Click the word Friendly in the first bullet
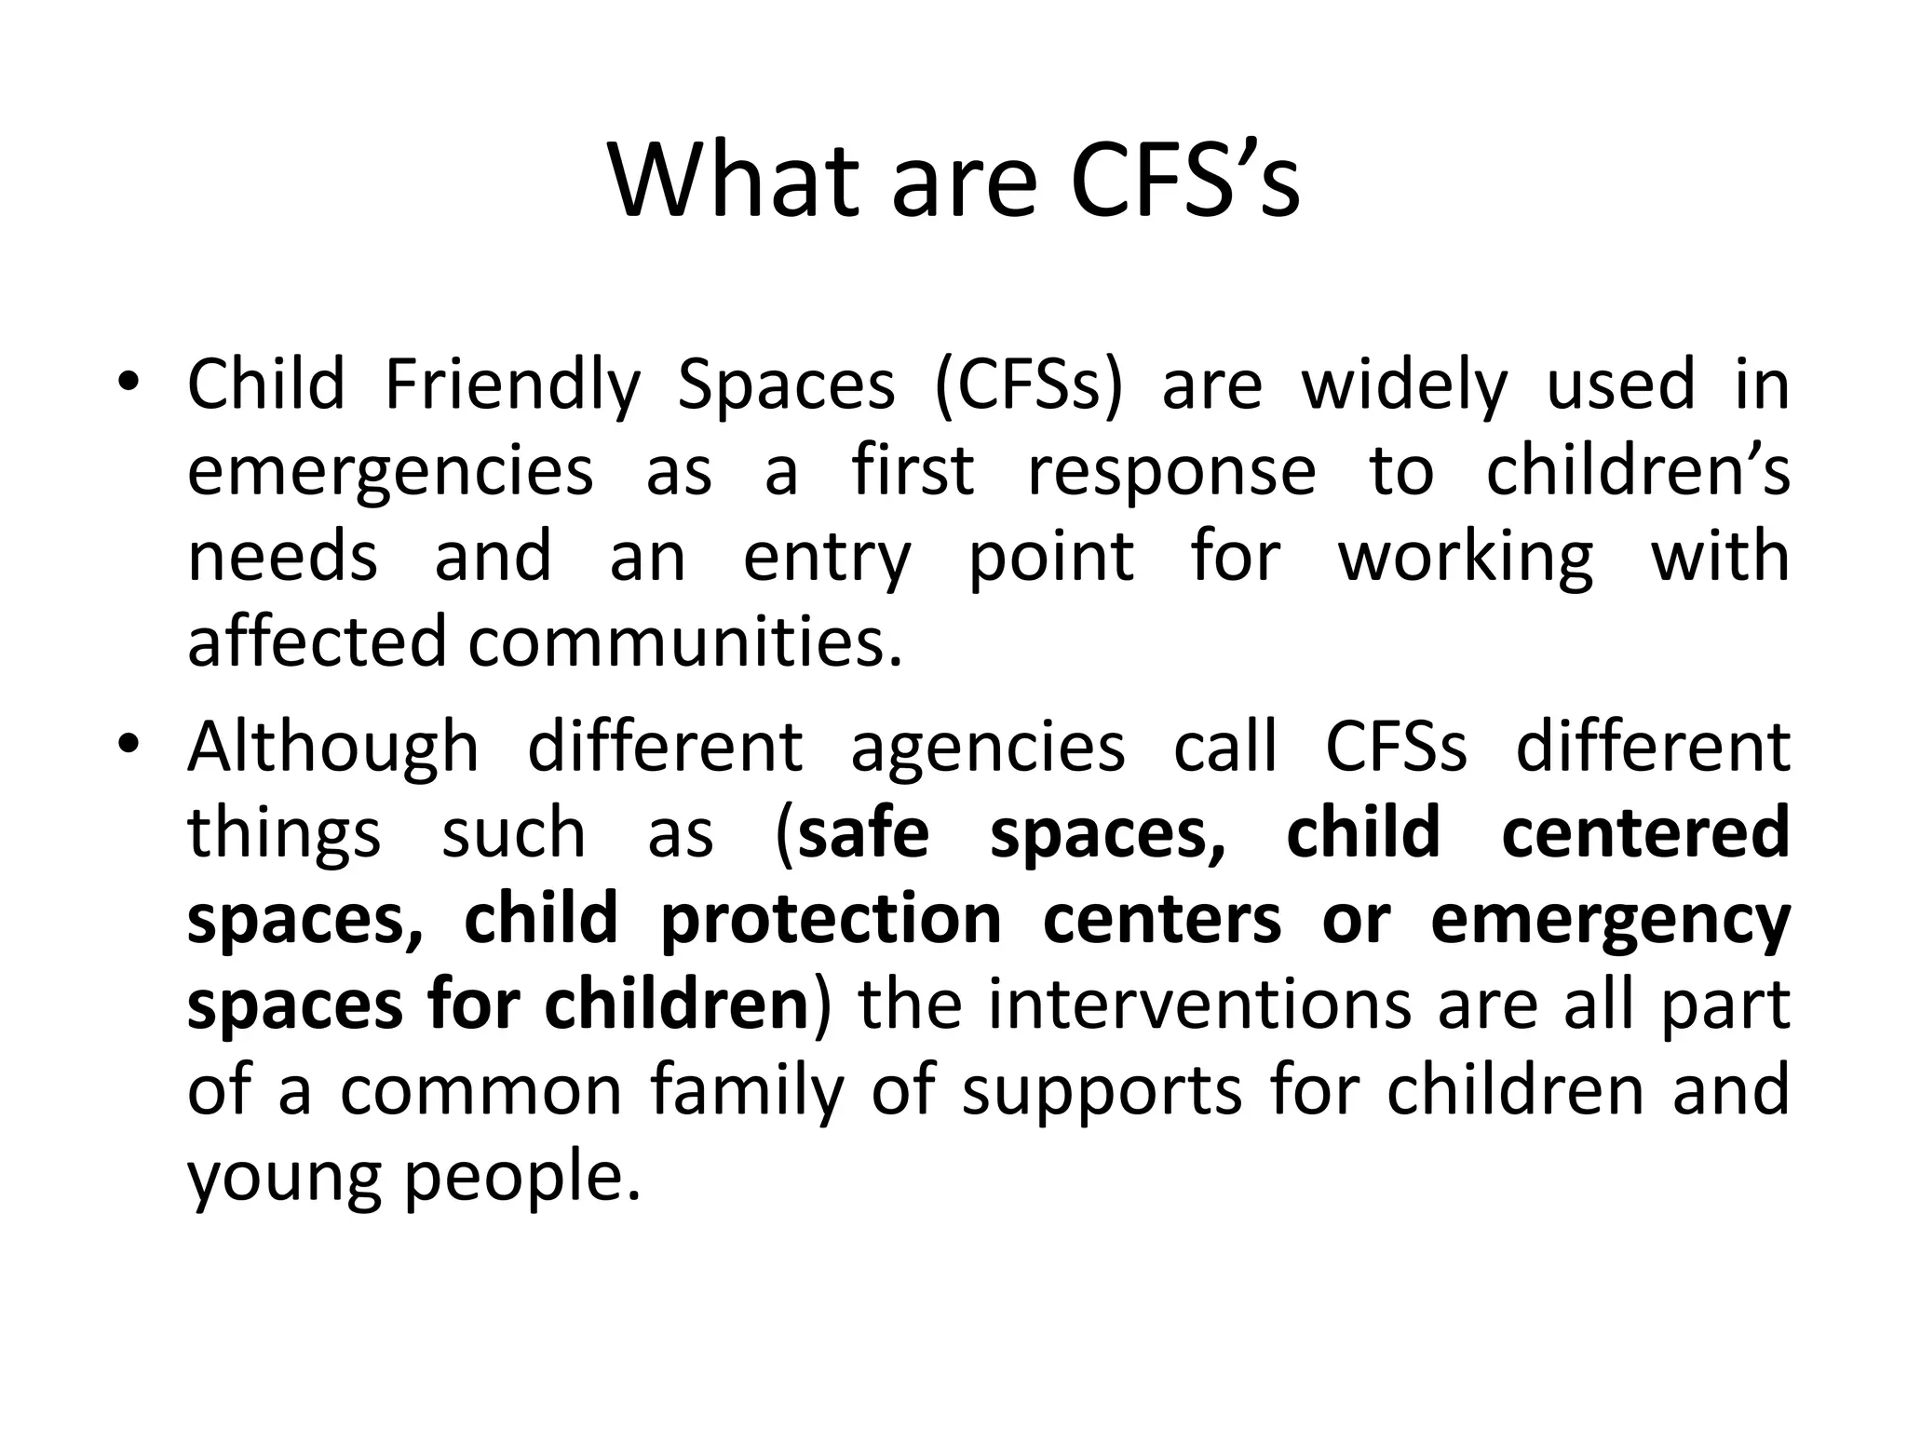512,386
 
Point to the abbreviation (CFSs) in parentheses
1029,386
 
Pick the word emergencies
390,472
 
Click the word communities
684,642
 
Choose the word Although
332,749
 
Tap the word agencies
987,749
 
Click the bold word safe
863,833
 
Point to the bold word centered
1645,833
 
